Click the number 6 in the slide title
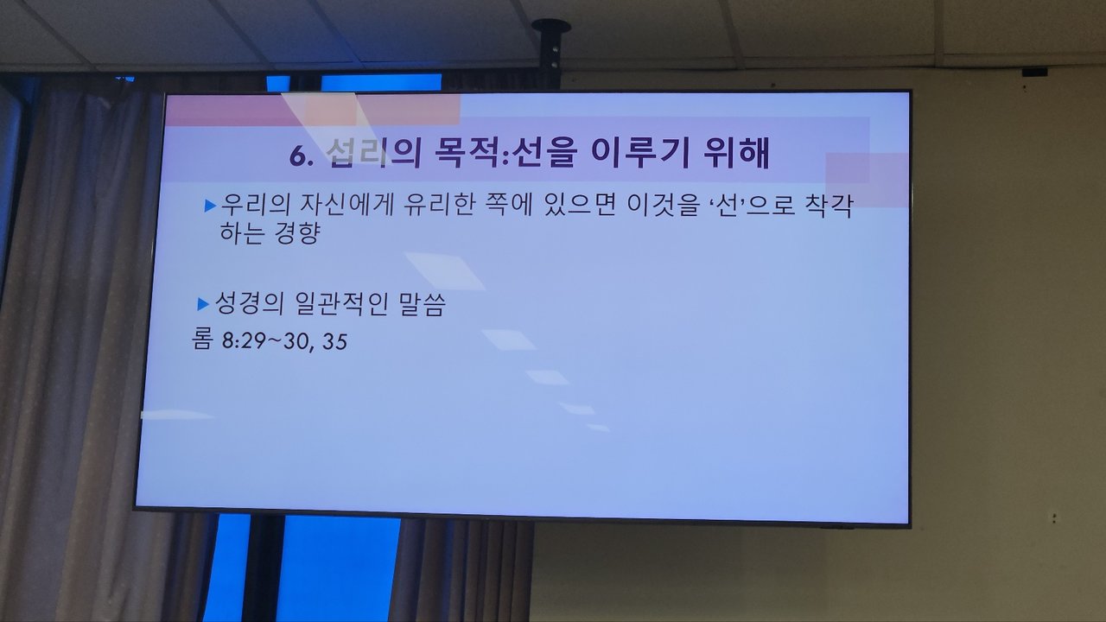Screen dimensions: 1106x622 [298, 155]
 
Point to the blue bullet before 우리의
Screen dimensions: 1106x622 [210, 206]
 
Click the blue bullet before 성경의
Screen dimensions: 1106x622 [203, 304]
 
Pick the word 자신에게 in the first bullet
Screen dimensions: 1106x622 [347, 205]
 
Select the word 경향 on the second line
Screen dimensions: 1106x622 [296, 232]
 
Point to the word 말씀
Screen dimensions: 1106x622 [423, 303]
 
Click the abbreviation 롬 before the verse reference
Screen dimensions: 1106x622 [202, 340]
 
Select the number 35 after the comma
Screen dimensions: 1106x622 [334, 341]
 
